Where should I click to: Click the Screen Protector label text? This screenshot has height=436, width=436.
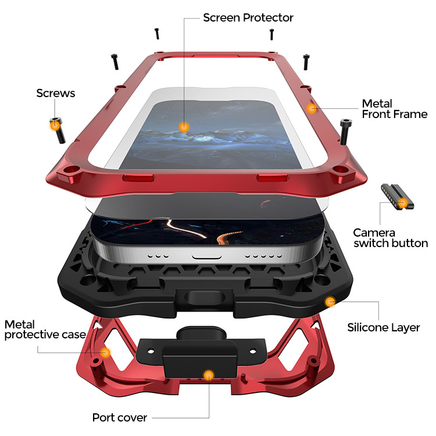point(248,17)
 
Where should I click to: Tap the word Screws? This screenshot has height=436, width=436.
point(56,93)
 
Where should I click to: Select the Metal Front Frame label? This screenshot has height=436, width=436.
point(395,109)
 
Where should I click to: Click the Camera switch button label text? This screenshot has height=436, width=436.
point(391,238)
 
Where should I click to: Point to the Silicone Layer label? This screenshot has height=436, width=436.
point(384,327)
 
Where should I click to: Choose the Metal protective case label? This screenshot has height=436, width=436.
point(45,330)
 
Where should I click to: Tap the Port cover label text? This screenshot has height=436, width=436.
point(120,417)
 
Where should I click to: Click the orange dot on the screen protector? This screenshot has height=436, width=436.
point(184,127)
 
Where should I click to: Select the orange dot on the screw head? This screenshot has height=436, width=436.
point(55,126)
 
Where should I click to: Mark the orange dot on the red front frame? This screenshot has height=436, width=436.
point(312,108)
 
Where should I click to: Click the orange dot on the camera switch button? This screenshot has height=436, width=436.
point(403,203)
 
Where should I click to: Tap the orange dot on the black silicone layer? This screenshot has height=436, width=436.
point(330,302)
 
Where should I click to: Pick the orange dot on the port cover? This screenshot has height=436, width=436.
point(209,376)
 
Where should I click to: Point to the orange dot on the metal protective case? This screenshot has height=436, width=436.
point(105,353)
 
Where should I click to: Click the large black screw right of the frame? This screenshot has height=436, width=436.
point(345,131)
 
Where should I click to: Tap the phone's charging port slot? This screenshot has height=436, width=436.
point(206,256)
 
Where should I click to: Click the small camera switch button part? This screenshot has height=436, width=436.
point(397,196)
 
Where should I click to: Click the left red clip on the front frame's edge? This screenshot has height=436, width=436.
point(138,178)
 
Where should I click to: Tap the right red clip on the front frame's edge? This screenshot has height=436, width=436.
point(272,178)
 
